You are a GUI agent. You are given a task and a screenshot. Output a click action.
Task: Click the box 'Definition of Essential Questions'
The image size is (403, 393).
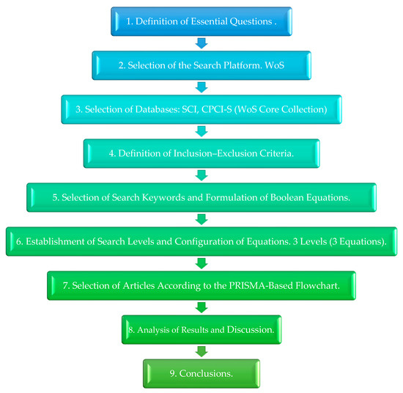pyautogui.click(x=201, y=22)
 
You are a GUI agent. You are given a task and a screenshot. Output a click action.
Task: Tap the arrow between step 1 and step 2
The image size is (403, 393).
pyautogui.click(x=201, y=43)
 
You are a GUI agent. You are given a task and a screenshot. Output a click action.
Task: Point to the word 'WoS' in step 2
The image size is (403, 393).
pyautogui.click(x=281, y=66)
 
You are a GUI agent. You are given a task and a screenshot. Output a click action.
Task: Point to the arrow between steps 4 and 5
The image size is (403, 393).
pyautogui.click(x=201, y=175)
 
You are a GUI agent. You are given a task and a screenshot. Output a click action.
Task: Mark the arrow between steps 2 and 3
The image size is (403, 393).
pyautogui.click(x=201, y=87)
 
